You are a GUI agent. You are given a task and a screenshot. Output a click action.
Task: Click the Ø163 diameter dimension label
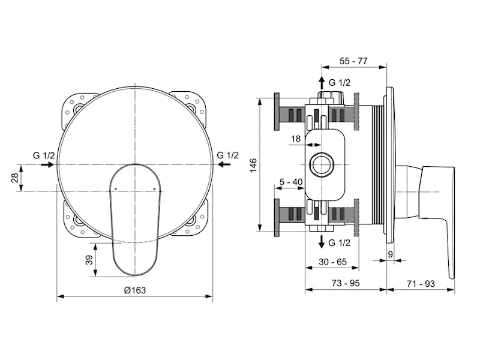[x=134, y=290]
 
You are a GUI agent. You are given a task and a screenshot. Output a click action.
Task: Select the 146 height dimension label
[x=253, y=166]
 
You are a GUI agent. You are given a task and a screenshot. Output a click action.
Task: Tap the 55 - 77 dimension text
[x=353, y=61]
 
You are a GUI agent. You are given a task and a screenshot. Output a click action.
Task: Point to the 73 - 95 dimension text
[x=346, y=283]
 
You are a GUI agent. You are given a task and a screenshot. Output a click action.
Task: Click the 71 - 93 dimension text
[x=421, y=284]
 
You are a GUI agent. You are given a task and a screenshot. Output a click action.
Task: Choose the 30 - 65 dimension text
[x=332, y=262]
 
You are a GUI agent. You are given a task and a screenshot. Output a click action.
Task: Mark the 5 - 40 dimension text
[x=291, y=182]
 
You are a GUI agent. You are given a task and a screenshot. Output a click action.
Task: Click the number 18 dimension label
[x=296, y=139]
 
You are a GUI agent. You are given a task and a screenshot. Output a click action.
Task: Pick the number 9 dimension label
[x=390, y=254]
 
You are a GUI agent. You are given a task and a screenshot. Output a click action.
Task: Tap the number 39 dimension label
[x=89, y=260]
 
